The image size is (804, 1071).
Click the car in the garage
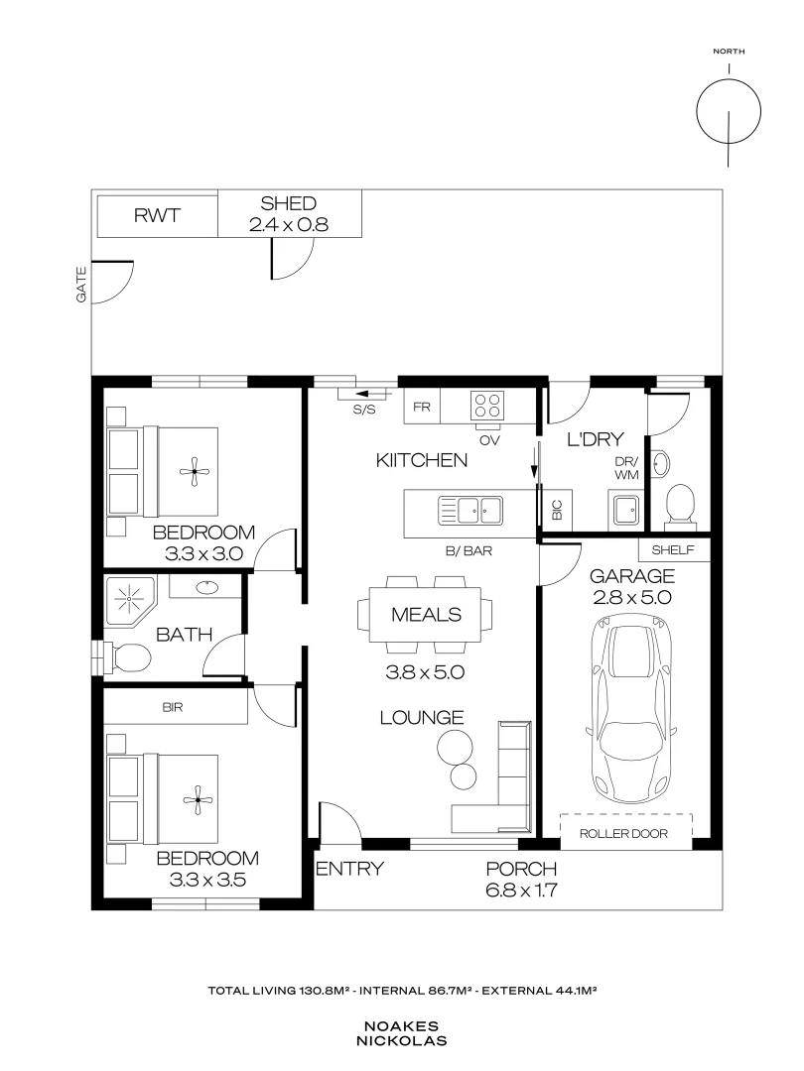(x=631, y=710)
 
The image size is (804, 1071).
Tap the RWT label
(x=157, y=216)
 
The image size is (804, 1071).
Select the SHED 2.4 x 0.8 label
(x=289, y=214)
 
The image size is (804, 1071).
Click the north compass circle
(x=729, y=111)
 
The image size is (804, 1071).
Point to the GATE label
(x=81, y=285)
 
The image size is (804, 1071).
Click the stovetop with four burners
(x=487, y=405)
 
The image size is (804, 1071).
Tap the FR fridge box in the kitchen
(x=422, y=408)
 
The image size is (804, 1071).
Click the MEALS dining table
(x=425, y=615)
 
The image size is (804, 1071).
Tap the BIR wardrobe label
(x=173, y=708)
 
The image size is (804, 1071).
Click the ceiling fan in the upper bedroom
(x=195, y=471)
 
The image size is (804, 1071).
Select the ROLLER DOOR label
(x=623, y=833)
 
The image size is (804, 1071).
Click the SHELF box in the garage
(x=674, y=549)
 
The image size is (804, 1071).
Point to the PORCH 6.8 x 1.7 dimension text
(x=522, y=880)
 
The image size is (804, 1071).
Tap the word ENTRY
(x=350, y=869)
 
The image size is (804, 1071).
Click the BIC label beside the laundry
(x=557, y=510)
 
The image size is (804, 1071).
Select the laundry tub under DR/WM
(x=624, y=510)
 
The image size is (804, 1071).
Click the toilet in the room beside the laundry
(x=680, y=507)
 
